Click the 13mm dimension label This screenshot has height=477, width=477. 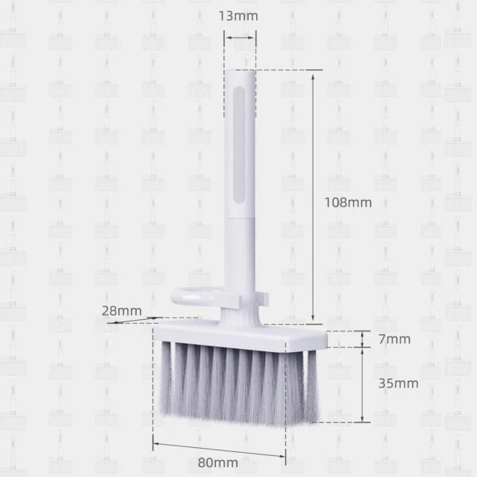[x=238, y=16]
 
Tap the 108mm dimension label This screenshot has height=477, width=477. [x=348, y=202]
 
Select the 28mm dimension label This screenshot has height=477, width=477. [x=122, y=311]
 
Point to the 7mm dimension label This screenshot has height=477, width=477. [x=395, y=339]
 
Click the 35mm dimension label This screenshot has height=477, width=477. [x=398, y=384]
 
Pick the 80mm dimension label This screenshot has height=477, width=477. [x=218, y=462]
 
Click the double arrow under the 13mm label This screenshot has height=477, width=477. [x=240, y=38]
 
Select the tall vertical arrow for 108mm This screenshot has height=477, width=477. [x=313, y=197]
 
